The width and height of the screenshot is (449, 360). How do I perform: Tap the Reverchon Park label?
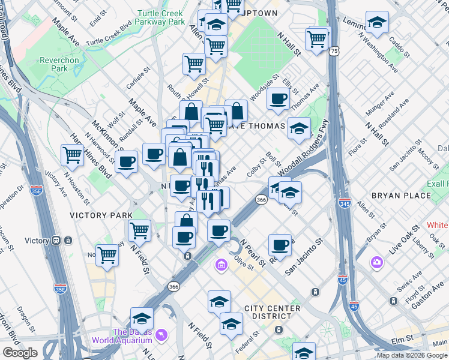(x=59, y=64)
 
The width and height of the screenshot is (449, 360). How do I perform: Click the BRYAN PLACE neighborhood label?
(x=401, y=196)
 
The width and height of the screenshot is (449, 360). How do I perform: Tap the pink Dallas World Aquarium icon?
(x=160, y=334)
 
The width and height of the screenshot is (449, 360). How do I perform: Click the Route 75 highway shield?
(x=333, y=52)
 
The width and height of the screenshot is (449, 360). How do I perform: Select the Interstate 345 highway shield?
(x=345, y=203)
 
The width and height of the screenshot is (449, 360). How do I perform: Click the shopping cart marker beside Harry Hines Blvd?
(x=72, y=155)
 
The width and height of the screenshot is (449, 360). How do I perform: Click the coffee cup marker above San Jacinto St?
(x=280, y=244)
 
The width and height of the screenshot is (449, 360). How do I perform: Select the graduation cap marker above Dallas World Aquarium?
(x=142, y=317)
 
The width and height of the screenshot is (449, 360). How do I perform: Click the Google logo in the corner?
(x=20, y=352)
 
